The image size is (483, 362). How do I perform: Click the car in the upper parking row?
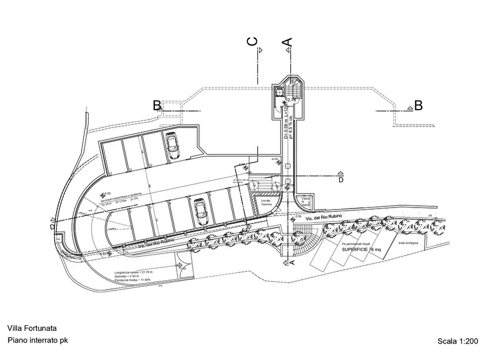(173, 146)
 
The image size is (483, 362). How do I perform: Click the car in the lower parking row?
(201, 212)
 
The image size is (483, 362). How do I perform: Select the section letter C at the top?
(252, 43)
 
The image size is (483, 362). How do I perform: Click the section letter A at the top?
(288, 42)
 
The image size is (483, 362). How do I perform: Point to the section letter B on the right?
(418, 105)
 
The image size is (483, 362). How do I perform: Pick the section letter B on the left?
(156, 105)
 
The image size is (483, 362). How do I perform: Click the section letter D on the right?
(341, 180)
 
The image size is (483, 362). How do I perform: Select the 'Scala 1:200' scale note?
(458, 341)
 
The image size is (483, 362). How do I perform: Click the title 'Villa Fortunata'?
(32, 328)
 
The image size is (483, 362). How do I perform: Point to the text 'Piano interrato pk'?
(37, 340)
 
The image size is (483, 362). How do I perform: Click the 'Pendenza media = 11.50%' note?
(133, 281)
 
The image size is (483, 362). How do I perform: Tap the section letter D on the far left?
(52, 227)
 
